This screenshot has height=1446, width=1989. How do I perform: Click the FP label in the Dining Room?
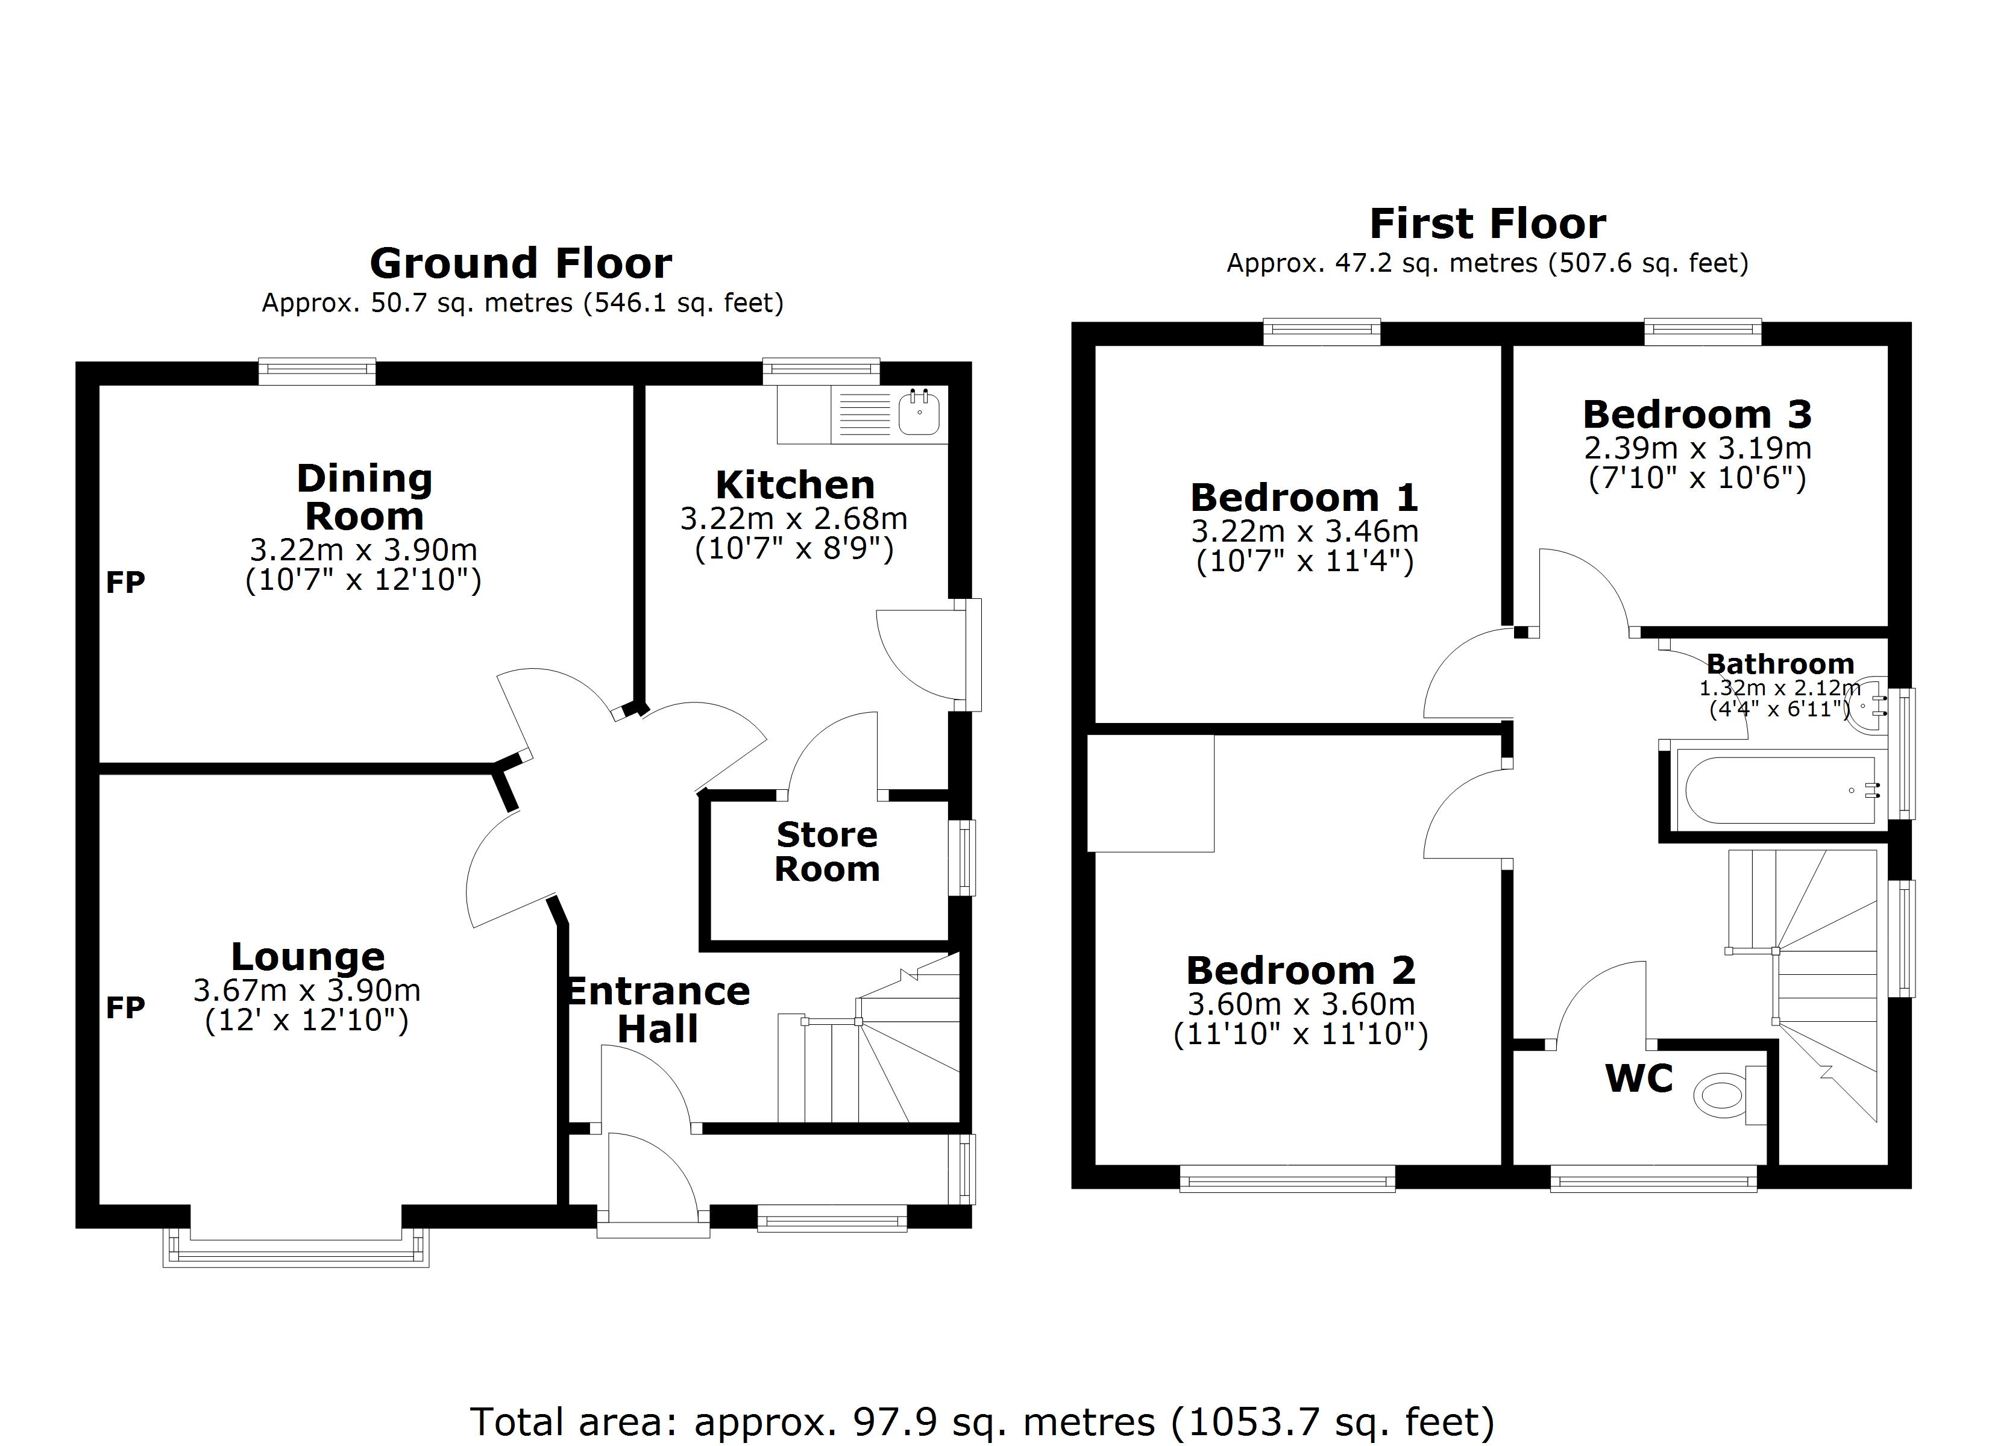[x=125, y=582]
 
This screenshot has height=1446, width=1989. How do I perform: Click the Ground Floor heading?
[x=520, y=263]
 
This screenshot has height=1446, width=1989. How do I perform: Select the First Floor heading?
[x=1488, y=224]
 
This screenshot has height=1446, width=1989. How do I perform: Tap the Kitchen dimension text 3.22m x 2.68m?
[x=794, y=518]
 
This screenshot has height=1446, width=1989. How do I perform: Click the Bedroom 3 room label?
[x=1697, y=414]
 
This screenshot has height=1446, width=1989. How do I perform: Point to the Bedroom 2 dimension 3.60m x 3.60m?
[x=1301, y=1003]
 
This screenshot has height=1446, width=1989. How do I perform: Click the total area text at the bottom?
[x=982, y=1421]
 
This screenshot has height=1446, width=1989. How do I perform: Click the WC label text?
[x=1638, y=1078]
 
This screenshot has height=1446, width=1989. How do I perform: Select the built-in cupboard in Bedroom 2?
[x=1151, y=793]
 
